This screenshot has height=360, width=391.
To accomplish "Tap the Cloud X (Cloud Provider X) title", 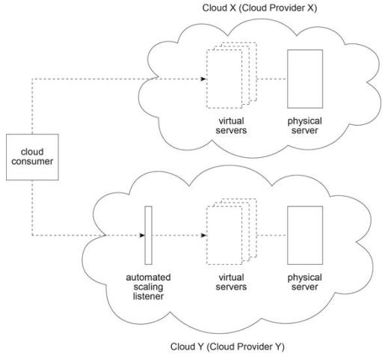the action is pos(259,8).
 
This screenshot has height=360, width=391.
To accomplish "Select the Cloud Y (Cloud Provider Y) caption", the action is pos(227,347).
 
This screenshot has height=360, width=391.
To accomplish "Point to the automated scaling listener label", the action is pos(148,287).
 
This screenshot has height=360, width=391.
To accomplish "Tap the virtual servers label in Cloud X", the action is pos(231,126).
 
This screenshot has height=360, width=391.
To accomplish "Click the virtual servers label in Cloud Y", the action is pos(231,282).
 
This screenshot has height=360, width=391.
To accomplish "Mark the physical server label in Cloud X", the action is pos(305,126).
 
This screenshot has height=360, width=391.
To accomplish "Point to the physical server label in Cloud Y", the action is pos(305,282).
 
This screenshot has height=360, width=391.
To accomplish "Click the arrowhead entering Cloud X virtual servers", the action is pos(203,79).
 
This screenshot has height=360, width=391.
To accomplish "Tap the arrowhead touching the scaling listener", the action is pos(142,235).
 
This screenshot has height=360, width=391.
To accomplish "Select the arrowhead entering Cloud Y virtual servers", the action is pos(203,235).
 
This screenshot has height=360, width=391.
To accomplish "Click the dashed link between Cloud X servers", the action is pos(272,79).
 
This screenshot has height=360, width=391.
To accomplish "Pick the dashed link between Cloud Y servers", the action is pos(272,235).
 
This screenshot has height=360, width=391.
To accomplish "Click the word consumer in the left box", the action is pos(32,162).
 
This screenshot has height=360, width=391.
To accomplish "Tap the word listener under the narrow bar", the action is pos(148,296).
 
